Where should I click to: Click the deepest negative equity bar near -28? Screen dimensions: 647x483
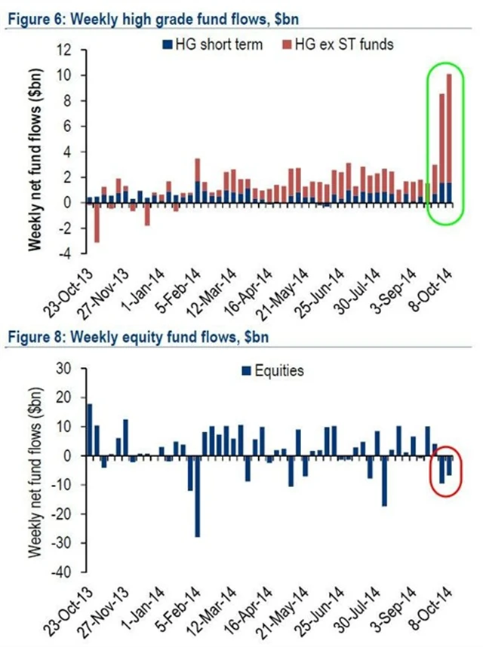[197, 496]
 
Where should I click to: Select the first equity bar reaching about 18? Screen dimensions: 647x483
[89, 430]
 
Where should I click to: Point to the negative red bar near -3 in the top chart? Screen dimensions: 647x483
[97, 222]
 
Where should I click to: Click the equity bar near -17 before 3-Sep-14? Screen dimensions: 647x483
[384, 480]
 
